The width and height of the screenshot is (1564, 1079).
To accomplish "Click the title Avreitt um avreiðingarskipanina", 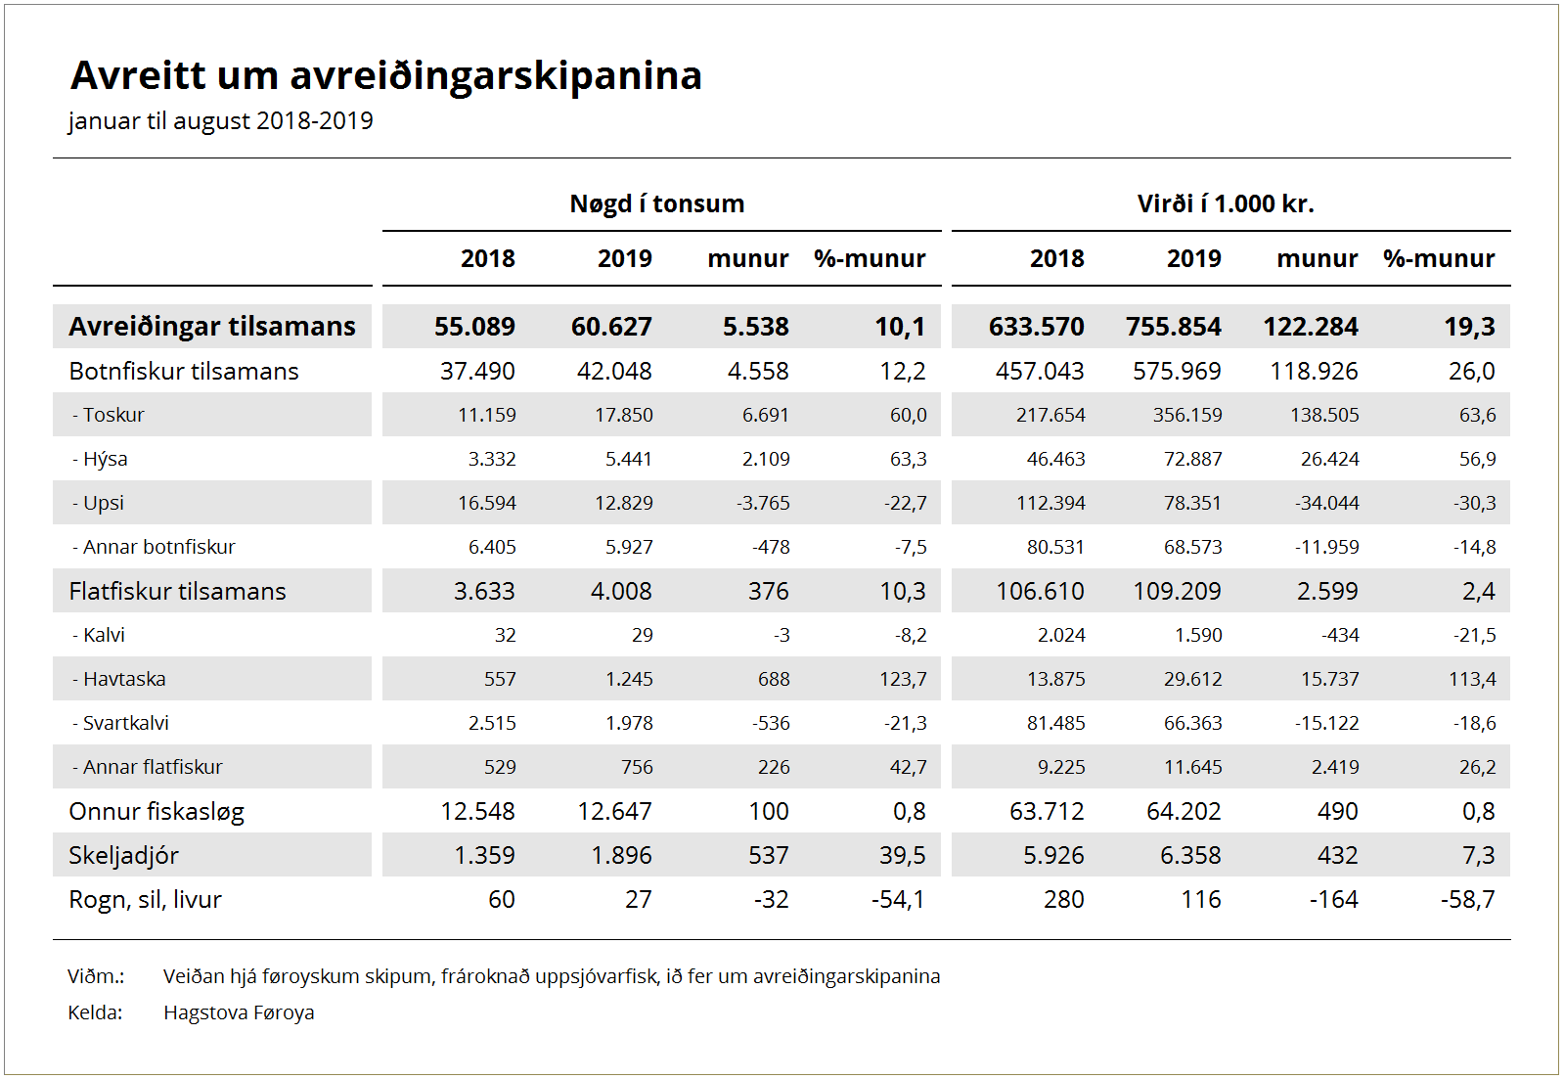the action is coord(386,75).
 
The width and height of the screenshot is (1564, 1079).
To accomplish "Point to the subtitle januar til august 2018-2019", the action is coord(221,121).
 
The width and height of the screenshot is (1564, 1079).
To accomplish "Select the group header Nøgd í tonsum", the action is coord(657,203).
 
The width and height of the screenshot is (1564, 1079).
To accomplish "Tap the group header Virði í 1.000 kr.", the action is coord(1226,203).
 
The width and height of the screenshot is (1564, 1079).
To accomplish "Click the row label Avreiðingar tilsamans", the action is coord(212,326).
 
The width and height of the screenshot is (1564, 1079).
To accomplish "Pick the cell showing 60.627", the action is coord(611,326).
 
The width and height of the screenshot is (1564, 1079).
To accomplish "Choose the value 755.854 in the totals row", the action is coord(1173,326).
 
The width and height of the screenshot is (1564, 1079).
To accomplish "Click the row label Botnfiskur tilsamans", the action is coord(184,371).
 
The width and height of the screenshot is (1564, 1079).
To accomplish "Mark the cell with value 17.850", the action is coord(623,415).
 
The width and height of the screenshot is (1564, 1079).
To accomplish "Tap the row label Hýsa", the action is coord(100,460).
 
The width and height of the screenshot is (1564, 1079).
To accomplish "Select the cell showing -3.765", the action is coord(763,503).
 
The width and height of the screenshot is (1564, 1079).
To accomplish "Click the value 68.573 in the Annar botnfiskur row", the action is coord(1192,547).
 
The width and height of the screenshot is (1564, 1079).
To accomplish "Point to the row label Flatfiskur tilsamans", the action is coord(177,591).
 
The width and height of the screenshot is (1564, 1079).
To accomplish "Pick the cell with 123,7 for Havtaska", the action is coord(903,679).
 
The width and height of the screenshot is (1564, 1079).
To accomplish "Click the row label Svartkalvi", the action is coord(120,723).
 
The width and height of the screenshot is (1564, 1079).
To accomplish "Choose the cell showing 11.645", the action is coord(1192,767).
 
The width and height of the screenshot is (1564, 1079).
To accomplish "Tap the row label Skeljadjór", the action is coord(123,856).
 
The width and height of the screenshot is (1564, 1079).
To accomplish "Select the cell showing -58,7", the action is coord(1467,899).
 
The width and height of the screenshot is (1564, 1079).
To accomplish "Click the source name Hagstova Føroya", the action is coord(239,1012).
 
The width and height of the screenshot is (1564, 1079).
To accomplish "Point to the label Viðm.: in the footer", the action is coord(96,975).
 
